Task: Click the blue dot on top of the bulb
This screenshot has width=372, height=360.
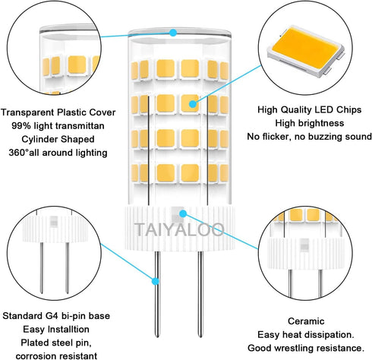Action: [x=174, y=33]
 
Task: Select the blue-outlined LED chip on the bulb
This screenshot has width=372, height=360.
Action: [x=188, y=102]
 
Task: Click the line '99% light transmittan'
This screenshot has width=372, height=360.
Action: [x=55, y=125]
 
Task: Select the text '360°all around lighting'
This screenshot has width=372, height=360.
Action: [x=55, y=153]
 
